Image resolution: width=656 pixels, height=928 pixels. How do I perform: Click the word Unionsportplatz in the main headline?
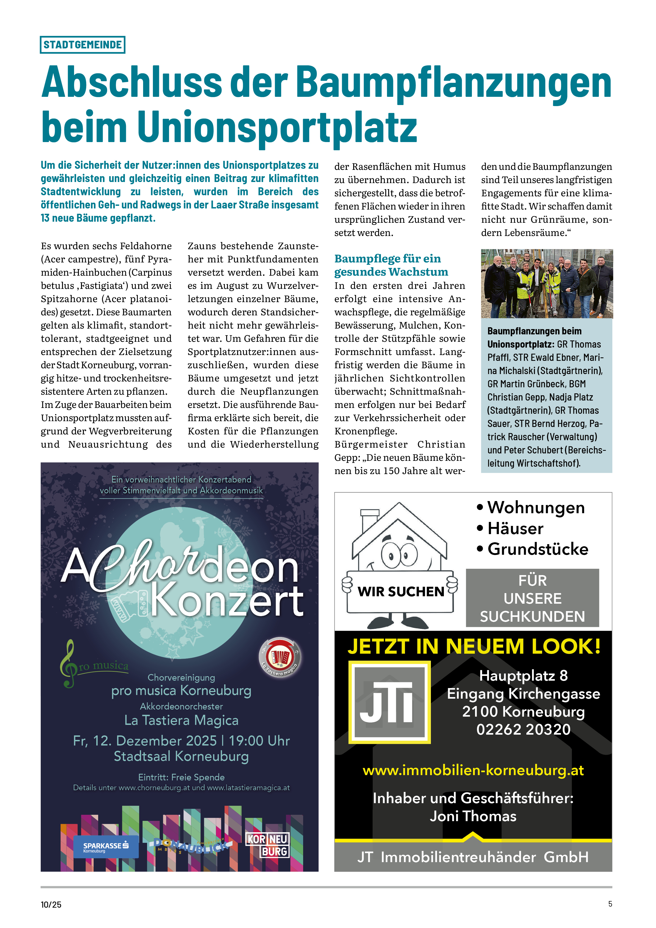[x=277, y=126]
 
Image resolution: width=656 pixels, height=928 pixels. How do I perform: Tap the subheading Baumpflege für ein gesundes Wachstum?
[x=391, y=265]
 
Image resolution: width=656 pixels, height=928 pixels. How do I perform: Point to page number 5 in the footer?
[x=610, y=904]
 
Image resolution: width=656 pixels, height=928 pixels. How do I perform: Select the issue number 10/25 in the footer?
[x=51, y=904]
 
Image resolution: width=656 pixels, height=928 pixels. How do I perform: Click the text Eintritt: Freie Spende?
[x=181, y=777]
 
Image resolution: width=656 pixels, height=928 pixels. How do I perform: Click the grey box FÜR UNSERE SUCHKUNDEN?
[x=532, y=598]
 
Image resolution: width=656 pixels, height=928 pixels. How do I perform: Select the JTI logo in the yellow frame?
[x=389, y=702]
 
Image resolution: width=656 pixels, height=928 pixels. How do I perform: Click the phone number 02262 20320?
[x=523, y=729]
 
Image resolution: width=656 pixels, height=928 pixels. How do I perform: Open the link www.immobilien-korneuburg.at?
[x=473, y=770]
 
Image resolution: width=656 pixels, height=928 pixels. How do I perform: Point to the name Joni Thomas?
[x=473, y=816]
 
